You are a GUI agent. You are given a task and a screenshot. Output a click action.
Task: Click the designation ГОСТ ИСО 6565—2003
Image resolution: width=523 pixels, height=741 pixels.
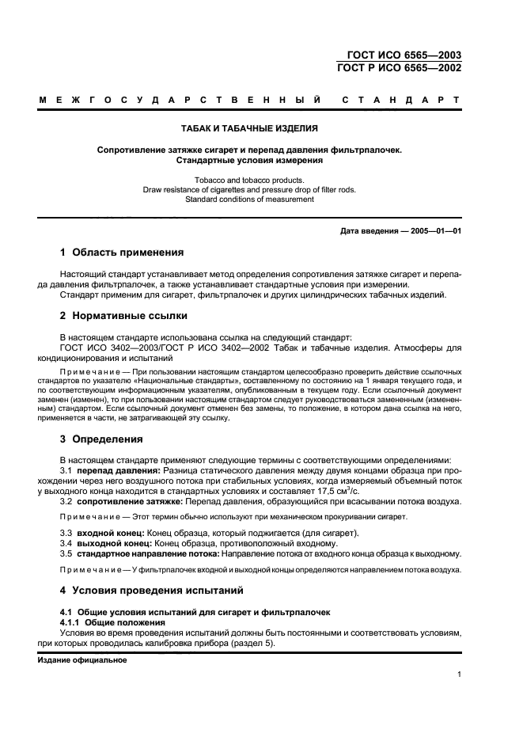coord(404,55)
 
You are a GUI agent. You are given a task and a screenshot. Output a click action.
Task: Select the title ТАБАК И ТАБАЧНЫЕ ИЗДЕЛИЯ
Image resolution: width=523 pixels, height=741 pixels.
coord(250,128)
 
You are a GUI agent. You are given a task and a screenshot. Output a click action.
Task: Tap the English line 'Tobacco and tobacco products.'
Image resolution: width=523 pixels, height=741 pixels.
coord(250,180)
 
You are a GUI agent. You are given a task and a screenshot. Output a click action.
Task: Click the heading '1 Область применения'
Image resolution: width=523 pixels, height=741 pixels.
coord(123,253)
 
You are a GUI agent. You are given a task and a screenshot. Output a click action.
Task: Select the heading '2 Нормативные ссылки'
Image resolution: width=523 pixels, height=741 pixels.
coord(124,316)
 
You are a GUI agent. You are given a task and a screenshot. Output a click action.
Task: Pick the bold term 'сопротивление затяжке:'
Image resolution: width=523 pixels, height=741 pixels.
coord(131,501)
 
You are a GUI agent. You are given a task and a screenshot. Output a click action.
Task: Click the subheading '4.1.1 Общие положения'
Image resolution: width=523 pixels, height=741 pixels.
coord(113,622)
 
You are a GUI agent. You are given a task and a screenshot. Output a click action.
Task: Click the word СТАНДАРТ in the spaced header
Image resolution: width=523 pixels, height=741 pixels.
coord(400,101)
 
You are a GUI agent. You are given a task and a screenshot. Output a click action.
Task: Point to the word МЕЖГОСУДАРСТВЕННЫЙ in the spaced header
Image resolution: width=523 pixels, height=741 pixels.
coord(180,101)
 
